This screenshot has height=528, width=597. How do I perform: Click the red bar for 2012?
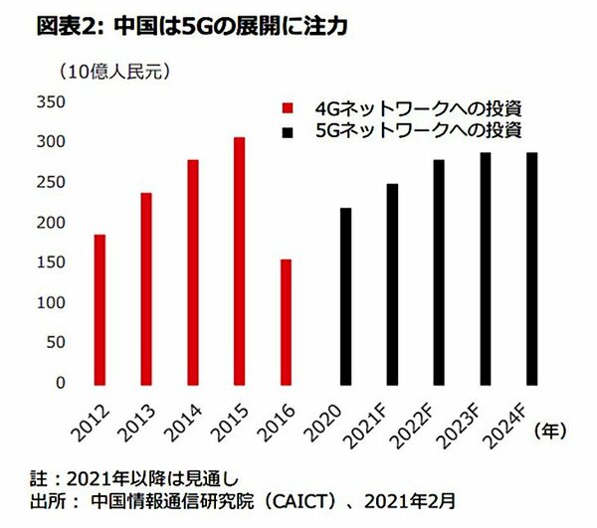(99, 308)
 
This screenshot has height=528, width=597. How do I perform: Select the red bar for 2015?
(240, 261)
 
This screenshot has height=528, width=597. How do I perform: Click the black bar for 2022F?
(439, 270)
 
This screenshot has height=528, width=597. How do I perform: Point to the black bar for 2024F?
(532, 267)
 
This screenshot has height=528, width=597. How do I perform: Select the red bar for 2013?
(146, 288)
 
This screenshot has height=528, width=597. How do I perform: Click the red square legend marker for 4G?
(289, 107)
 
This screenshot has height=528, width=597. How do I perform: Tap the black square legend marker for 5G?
(289, 130)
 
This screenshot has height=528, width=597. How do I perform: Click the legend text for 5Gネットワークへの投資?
(418, 130)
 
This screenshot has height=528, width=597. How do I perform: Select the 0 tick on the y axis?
(59, 383)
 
